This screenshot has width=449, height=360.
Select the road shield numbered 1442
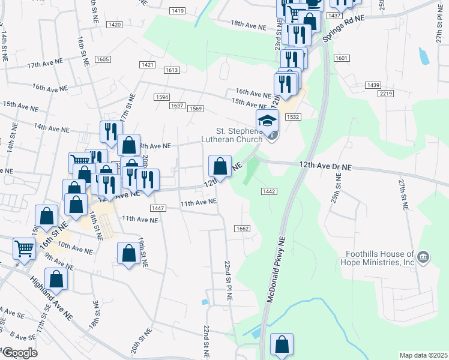(x=268, y=191)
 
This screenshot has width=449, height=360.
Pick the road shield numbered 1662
(x=243, y=229)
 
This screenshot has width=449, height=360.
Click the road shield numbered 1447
(x=158, y=208)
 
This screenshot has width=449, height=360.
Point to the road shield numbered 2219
(x=386, y=94)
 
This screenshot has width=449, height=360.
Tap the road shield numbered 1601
(x=342, y=58)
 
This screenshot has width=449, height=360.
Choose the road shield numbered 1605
(x=103, y=59)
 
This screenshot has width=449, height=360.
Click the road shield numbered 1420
(x=115, y=25)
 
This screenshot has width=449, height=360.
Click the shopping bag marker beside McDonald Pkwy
(x=282, y=345)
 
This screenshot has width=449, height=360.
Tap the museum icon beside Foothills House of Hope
(x=424, y=258)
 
